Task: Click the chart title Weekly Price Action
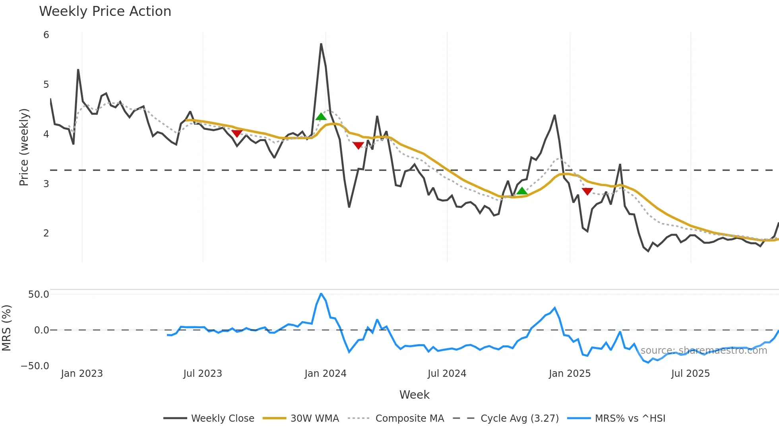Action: tap(105, 12)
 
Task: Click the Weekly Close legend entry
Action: tap(222, 419)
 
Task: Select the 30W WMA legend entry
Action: tap(314, 419)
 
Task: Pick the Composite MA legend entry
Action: tap(409, 419)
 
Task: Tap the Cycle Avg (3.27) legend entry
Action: tap(519, 419)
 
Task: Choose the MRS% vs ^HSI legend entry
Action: tap(630, 419)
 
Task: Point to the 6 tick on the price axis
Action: tap(46, 35)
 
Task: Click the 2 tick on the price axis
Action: tap(46, 233)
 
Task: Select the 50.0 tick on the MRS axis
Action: tap(39, 295)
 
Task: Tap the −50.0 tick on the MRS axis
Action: tap(35, 366)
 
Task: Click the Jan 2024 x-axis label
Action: tap(326, 374)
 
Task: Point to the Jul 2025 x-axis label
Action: tap(690, 374)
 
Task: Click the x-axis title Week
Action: tap(414, 395)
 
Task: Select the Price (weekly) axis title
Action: tap(24, 147)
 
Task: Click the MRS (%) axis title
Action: tap(6, 328)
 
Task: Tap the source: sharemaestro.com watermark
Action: tap(703, 351)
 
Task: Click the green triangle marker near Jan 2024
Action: tap(321, 116)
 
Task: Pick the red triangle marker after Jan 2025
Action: tap(587, 192)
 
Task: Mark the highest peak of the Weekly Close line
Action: tap(321, 44)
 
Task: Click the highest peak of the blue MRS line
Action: tap(321, 294)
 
